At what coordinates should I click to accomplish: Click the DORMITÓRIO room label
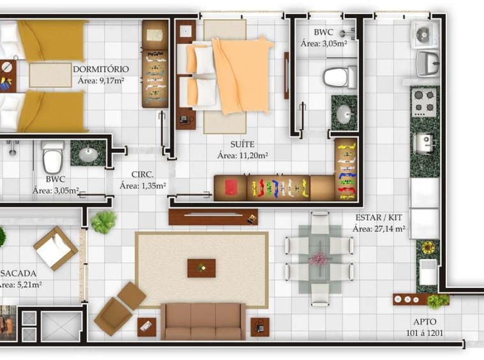pos(101,69)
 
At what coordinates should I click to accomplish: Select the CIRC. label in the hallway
pos(142,175)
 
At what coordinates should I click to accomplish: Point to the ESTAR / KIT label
pos(379,218)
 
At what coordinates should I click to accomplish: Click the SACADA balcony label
pos(19,273)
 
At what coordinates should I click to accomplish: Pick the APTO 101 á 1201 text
pos(425,327)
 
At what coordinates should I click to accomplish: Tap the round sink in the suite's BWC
pos(344,114)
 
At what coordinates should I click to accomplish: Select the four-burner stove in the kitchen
pos(424,101)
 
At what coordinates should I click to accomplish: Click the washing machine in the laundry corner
pos(425,34)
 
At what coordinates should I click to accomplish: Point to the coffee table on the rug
pos(201,268)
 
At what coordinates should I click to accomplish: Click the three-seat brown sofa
pos(203,321)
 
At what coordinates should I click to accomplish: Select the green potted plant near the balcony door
pos(103,221)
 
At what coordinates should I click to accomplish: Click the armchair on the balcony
pos(56,248)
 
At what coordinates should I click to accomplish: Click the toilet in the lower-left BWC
pos(53,157)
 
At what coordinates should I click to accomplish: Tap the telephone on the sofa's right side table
pos(260,327)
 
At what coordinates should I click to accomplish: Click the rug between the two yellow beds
pos(50,75)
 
